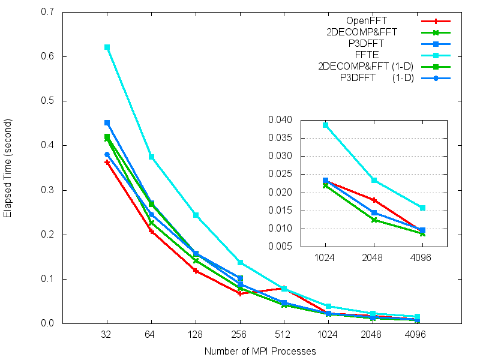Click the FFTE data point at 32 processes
click(107, 47)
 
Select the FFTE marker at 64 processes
click(151, 157)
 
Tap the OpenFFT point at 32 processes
click(107, 162)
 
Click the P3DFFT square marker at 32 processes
click(107, 122)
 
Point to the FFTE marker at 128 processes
click(196, 215)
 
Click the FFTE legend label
click(385, 55)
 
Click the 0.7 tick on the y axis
click(47, 12)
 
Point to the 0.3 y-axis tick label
click(47, 190)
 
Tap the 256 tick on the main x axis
click(240, 336)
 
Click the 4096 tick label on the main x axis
click(418, 336)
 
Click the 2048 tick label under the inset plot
click(374, 262)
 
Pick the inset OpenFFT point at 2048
click(374, 200)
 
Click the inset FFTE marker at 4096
click(422, 208)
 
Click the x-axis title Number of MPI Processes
click(260, 351)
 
